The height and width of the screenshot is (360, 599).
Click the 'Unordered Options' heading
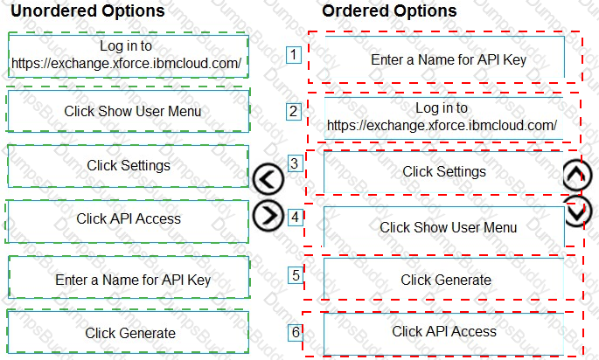point(87,10)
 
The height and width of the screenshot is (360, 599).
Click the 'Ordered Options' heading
point(389,10)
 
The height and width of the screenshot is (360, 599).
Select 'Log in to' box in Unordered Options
point(129,56)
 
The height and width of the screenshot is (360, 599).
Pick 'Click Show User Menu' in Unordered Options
point(129,111)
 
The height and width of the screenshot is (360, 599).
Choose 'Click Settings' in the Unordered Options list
point(129,166)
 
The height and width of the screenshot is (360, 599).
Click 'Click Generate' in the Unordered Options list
point(129,333)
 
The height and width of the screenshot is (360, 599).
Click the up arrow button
point(577,175)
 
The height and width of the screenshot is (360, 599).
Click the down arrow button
point(577,211)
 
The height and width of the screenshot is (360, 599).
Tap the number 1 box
point(294,54)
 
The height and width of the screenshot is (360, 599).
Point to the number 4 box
point(295,218)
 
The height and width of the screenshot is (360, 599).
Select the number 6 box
point(296,332)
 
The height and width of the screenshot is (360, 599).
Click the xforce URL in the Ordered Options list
point(442,125)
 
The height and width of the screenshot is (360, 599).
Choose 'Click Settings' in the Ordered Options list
point(444,172)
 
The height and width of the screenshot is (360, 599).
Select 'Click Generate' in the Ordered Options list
point(444,279)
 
